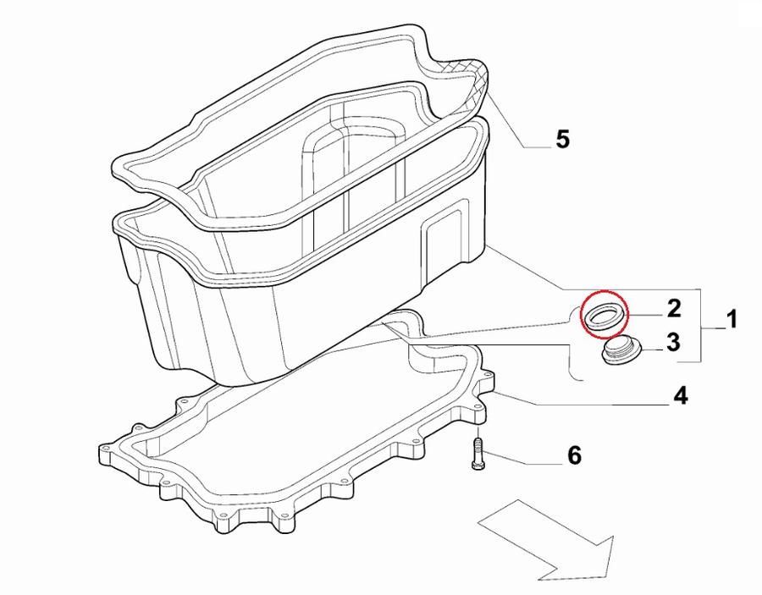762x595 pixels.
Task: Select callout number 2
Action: (674, 307)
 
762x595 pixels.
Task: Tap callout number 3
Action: (673, 343)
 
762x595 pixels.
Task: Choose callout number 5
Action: (563, 140)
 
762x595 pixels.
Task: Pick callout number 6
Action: (573, 456)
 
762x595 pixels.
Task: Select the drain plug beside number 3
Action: (621, 350)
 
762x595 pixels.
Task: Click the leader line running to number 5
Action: (516, 127)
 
